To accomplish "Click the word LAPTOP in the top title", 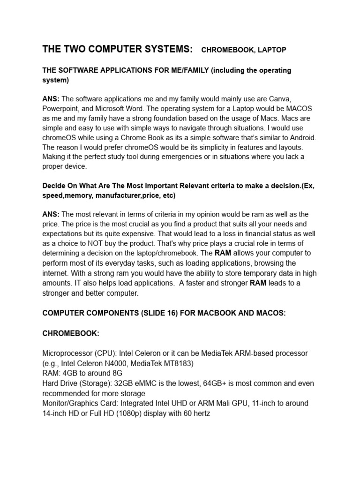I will (x=271, y=50).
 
